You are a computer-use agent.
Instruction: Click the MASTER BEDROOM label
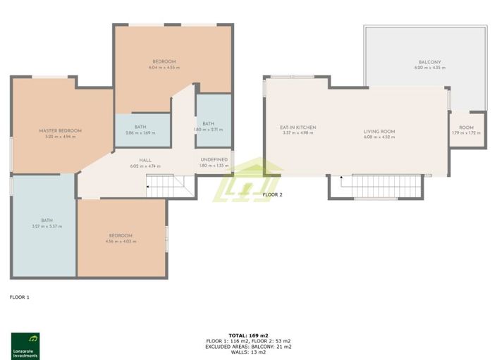tap(60, 130)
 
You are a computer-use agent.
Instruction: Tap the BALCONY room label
tap(424, 62)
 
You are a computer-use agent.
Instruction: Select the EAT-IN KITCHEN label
tap(297, 128)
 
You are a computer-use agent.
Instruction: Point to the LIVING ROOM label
tap(379, 132)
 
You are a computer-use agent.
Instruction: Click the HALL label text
tap(145, 161)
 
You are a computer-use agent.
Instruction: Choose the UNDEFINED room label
tap(214, 160)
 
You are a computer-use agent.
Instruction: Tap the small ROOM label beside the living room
tap(466, 128)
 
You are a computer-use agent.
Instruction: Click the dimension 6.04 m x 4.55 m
tap(164, 68)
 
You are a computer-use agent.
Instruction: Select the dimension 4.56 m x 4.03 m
tap(121, 242)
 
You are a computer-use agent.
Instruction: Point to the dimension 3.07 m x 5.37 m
tap(47, 227)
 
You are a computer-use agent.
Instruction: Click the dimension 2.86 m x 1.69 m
tap(140, 132)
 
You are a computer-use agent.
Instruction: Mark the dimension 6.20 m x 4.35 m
tap(424, 68)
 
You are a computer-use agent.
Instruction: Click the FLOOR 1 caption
tap(19, 297)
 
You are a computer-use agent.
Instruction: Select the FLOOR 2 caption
tap(272, 194)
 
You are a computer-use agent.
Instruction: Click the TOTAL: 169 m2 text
tap(248, 335)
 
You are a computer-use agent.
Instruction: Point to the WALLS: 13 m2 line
tap(248, 352)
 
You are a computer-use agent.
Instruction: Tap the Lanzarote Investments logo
tap(25, 345)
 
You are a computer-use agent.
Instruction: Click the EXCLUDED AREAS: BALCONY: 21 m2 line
tap(248, 347)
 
